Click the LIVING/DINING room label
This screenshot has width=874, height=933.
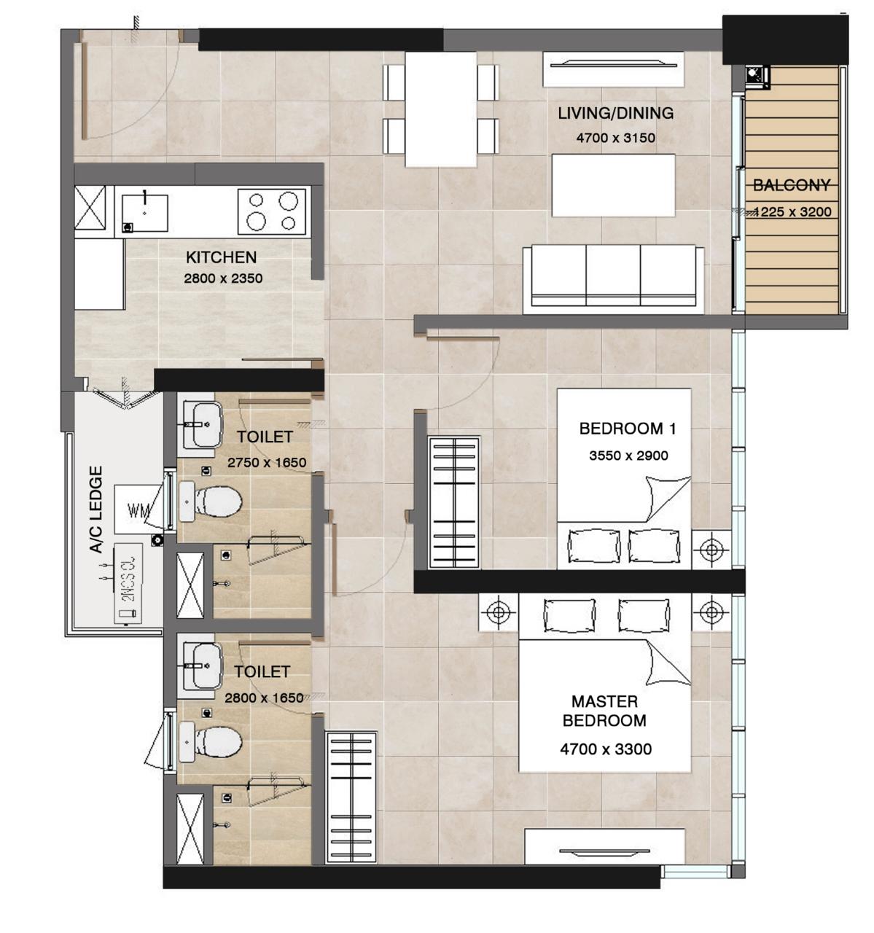tap(615, 113)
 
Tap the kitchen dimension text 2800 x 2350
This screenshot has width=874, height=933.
tap(223, 278)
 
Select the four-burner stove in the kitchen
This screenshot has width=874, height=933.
tap(272, 211)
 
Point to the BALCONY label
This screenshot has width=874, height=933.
tap(791, 185)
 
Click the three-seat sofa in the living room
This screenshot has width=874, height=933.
tap(613, 277)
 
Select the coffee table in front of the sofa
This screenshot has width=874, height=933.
tap(613, 185)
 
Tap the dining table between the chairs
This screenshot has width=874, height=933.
tap(440, 109)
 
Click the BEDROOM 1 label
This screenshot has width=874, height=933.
tap(627, 429)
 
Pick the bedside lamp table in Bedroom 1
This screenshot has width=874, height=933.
tap(711, 548)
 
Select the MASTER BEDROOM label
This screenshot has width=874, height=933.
tap(604, 711)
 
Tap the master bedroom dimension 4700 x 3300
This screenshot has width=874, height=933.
tap(606, 749)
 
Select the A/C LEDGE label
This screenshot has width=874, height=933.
tap(96, 510)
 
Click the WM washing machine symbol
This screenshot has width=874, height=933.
tap(138, 510)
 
